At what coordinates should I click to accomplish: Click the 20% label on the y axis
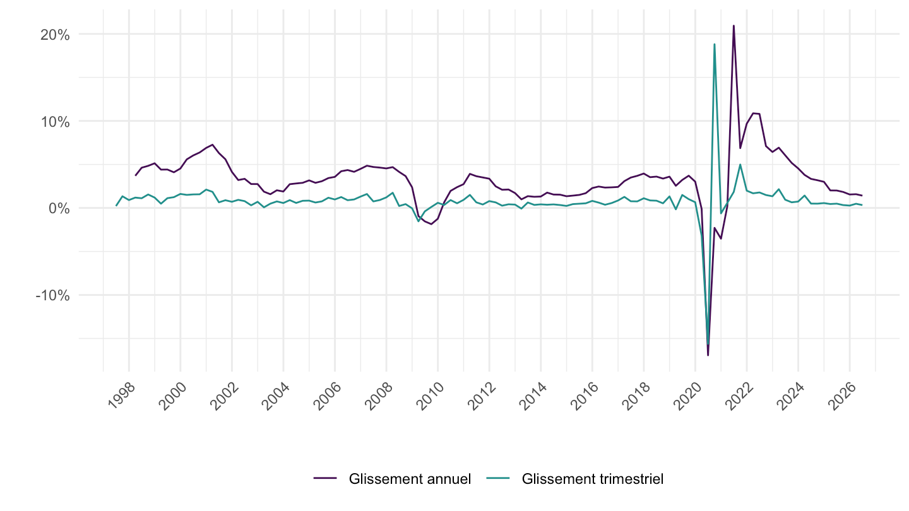pyautogui.click(x=55, y=35)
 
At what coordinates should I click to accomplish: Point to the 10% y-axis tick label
pyautogui.click(x=55, y=122)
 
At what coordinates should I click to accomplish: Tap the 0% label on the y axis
pyautogui.click(x=59, y=209)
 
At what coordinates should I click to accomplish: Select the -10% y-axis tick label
pyautogui.click(x=52, y=296)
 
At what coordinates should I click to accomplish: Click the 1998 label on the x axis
pyautogui.click(x=122, y=396)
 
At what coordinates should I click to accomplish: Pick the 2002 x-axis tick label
pyautogui.click(x=225, y=396)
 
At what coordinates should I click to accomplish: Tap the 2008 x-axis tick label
pyautogui.click(x=379, y=396)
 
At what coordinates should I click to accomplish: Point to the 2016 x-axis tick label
pyautogui.click(x=585, y=396)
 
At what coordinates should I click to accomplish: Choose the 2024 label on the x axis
pyautogui.click(x=790, y=396)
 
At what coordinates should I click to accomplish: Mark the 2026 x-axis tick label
pyautogui.click(x=842, y=396)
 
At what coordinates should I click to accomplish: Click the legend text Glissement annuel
pyautogui.click(x=410, y=479)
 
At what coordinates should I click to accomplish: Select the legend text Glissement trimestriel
pyautogui.click(x=593, y=479)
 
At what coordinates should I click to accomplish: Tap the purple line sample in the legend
pyautogui.click(x=325, y=479)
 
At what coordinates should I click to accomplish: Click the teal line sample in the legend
pyautogui.click(x=498, y=479)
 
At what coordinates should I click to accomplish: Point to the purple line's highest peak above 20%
pyautogui.click(x=734, y=25)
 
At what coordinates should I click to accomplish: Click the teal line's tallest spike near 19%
pyautogui.click(x=714, y=44)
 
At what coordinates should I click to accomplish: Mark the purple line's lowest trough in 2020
pyautogui.click(x=708, y=356)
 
